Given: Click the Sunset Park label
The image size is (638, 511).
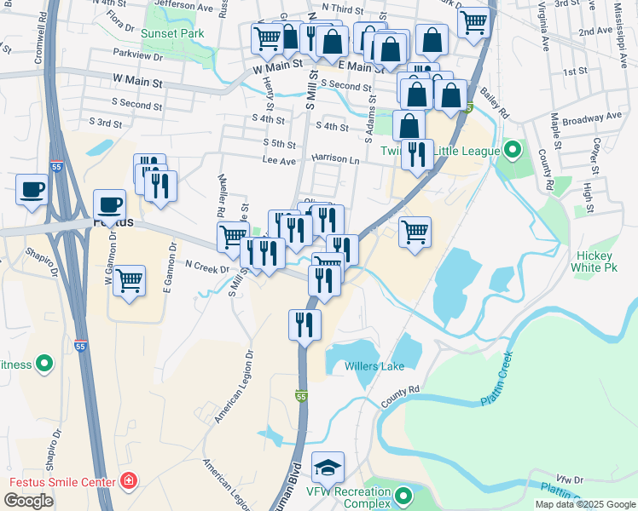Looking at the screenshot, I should [173, 34].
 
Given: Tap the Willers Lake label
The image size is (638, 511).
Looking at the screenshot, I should [374, 366].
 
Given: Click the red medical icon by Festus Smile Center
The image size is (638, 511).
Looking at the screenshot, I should [129, 482].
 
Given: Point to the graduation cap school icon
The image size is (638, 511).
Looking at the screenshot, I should [328, 467].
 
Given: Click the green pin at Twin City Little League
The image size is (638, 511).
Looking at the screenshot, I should [512, 152].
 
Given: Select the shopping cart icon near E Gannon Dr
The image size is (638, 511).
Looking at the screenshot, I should [130, 279].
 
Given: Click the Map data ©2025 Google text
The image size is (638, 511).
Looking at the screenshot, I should [585, 504].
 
